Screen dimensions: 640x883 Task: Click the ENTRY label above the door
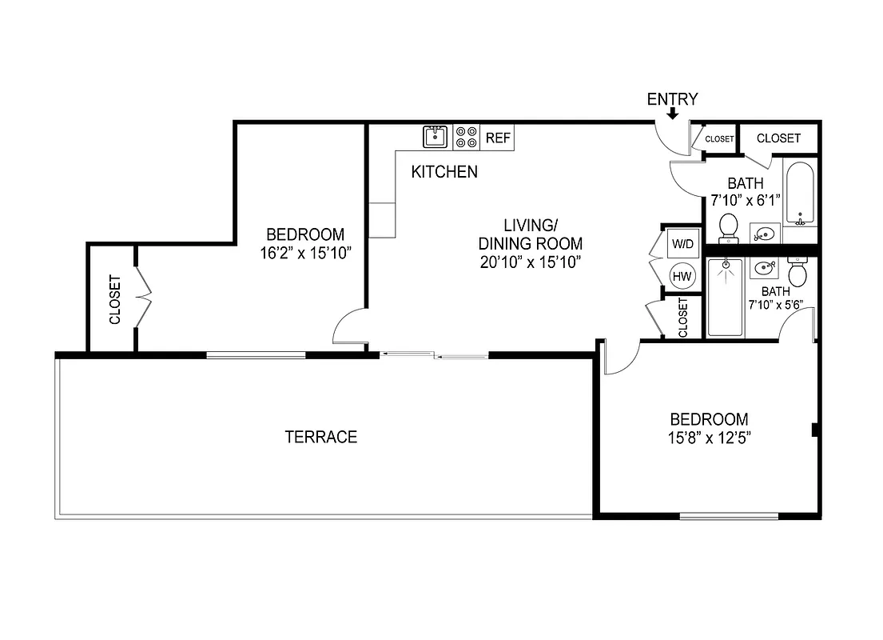672,99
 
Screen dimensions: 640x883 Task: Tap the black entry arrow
673,114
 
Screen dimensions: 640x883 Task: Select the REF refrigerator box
497,138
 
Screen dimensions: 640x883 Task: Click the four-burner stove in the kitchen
467,138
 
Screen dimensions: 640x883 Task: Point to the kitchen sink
436,137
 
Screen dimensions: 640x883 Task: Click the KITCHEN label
444,171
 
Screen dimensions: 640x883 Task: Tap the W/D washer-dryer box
682,242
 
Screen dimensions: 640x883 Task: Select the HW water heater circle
682,276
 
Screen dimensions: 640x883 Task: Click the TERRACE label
320,437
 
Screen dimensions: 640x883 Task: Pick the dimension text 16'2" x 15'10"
306,253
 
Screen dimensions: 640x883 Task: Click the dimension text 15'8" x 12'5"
709,438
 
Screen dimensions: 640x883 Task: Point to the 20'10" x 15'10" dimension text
530,262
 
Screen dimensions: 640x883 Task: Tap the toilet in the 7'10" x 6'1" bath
728,227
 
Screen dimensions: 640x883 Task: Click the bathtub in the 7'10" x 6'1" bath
798,194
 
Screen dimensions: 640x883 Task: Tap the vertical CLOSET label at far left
114,300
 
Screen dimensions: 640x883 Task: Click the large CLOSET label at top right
778,138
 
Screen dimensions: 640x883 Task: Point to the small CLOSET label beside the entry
719,139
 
